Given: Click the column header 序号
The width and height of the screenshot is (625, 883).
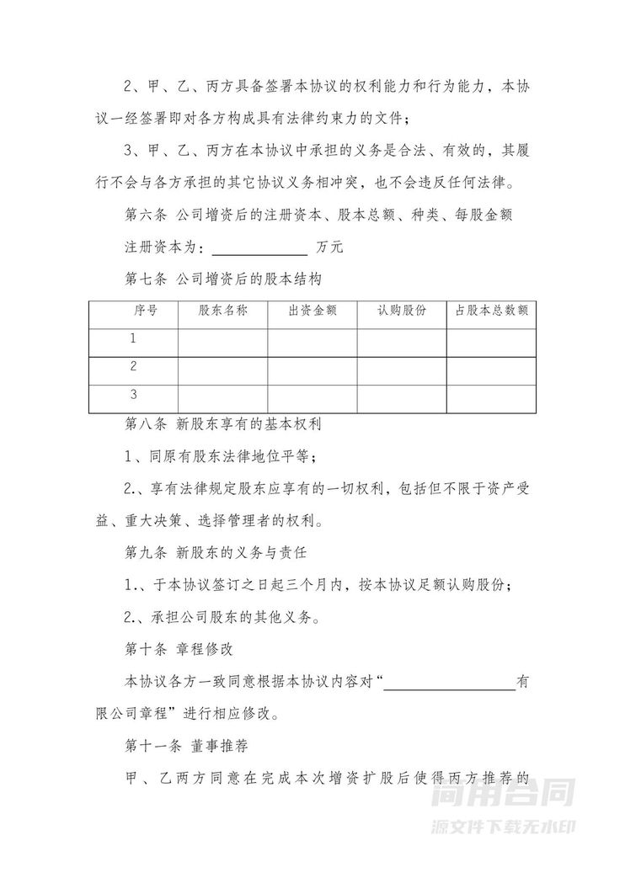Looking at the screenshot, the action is (x=144, y=311).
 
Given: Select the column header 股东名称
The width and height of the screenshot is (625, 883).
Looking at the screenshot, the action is (x=222, y=311).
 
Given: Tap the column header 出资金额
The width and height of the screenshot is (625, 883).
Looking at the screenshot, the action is (x=312, y=311).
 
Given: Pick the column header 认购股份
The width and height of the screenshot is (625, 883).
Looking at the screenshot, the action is (x=402, y=311).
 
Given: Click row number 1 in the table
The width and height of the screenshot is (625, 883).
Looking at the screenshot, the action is (x=133, y=339).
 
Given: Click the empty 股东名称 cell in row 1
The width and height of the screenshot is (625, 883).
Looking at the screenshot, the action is (x=222, y=341).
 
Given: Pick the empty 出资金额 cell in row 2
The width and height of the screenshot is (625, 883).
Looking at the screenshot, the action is (x=312, y=369).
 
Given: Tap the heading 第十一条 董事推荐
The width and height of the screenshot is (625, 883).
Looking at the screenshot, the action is (x=184, y=745).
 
